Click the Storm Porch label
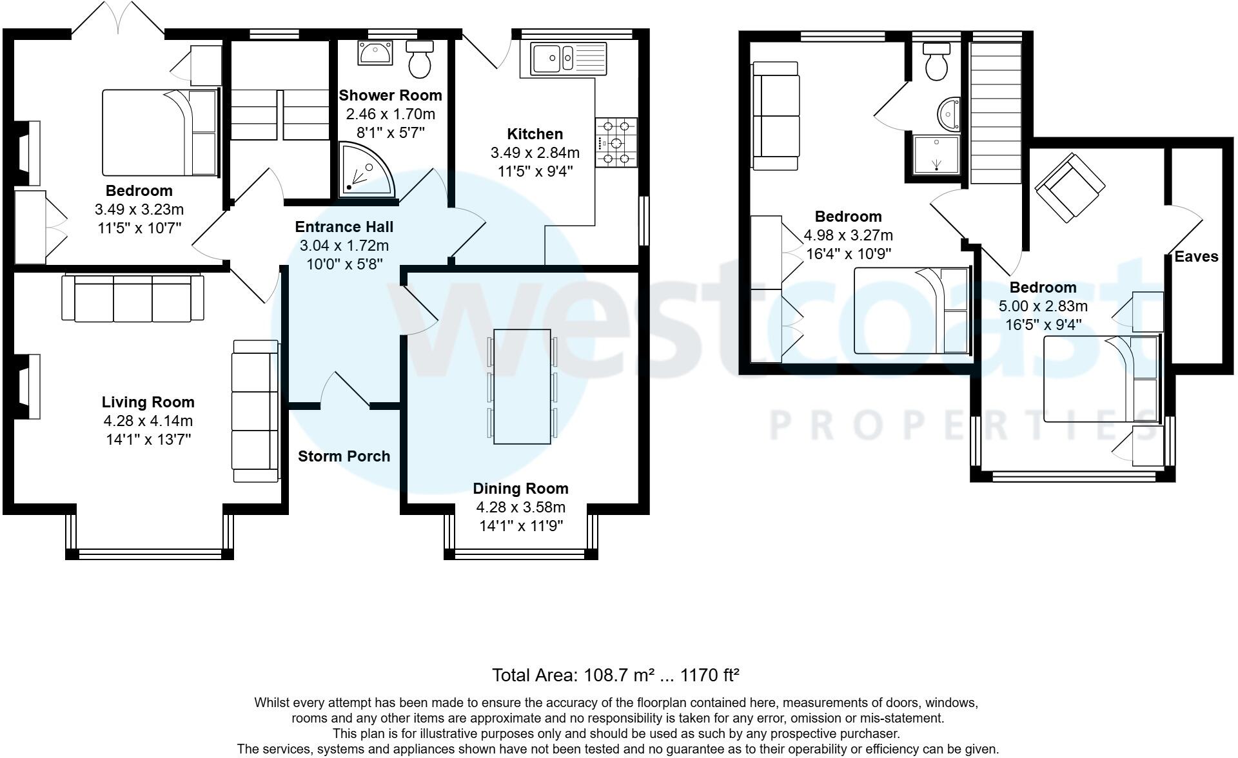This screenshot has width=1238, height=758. (x=344, y=456)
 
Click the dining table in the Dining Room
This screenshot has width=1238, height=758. (x=522, y=386)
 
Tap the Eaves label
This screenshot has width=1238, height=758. (x=1196, y=257)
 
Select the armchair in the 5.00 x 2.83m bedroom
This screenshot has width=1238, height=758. (x=1067, y=186)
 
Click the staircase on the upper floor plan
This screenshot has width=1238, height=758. (x=997, y=113)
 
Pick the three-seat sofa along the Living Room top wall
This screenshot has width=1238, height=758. (x=133, y=298)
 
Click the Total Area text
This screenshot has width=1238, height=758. (x=615, y=675)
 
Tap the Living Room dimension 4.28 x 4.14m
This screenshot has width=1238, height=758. (x=148, y=421)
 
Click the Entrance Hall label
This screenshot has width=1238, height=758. (x=344, y=227)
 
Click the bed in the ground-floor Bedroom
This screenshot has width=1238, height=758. (x=160, y=133)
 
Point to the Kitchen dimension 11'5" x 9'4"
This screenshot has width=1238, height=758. (x=535, y=171)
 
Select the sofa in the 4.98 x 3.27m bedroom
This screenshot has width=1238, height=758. (x=776, y=116)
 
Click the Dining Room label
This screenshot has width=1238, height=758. (x=520, y=489)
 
